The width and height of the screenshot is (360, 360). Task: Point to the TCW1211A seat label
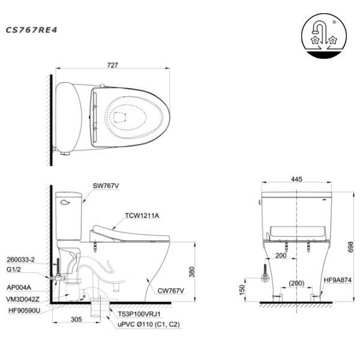(x=143, y=215)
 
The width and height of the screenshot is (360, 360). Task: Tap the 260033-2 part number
(x=22, y=259)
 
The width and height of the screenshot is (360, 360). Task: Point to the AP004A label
(x=19, y=288)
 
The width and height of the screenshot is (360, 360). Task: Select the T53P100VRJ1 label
(x=141, y=313)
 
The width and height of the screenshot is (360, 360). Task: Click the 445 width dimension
(x=295, y=179)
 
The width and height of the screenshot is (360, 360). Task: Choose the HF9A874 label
(x=338, y=280)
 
